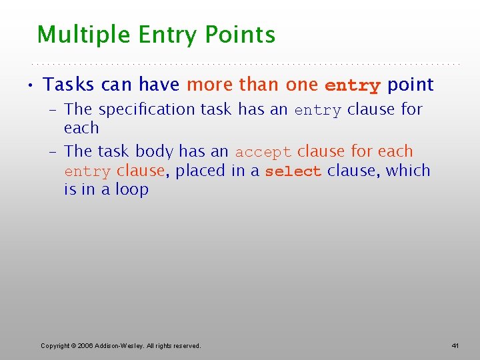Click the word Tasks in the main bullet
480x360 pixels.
69,85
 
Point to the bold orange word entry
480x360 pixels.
352,86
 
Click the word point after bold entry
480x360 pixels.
410,85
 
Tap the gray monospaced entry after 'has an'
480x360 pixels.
317,111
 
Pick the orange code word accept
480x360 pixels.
263,153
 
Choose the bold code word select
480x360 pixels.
293,171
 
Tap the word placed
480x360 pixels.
201,171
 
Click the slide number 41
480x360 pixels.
455,345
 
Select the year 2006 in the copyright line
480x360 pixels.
85,345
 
